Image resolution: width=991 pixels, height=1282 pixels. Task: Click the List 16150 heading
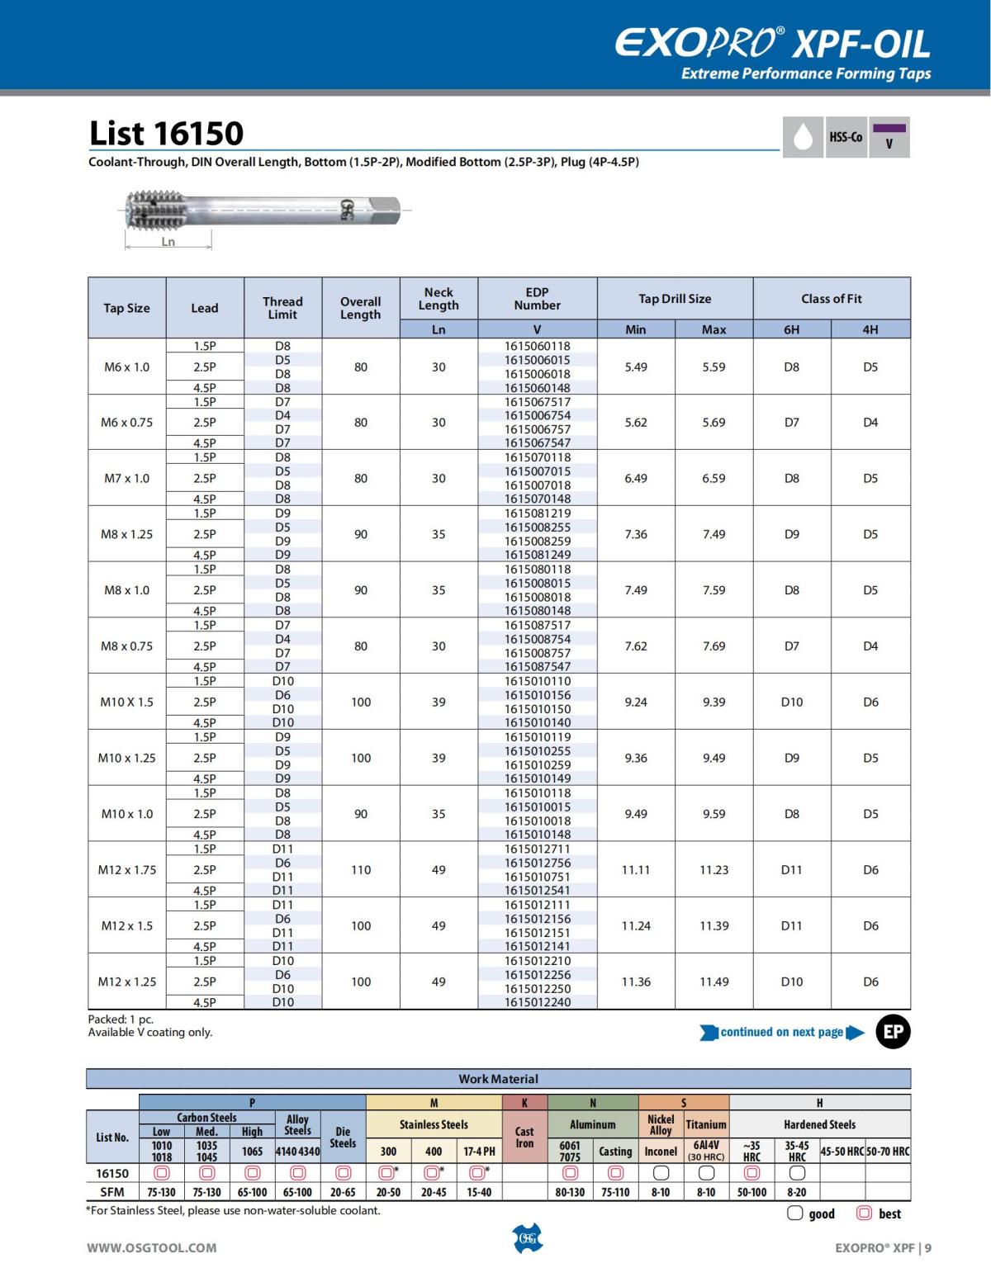pos(166,134)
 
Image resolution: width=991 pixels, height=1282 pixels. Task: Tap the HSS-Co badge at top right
pos(845,137)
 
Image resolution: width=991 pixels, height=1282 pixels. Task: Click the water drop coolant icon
pos(802,138)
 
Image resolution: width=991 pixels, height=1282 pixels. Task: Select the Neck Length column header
pos(439,299)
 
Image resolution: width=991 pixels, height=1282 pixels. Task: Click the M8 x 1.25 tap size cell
pos(126,534)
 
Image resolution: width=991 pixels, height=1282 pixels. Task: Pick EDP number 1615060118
pos(537,346)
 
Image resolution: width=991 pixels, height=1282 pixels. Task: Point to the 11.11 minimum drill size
pos(635,869)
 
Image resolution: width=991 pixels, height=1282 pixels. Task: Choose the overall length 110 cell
pos(361,869)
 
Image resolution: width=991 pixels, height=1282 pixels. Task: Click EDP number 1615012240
pos(537,1002)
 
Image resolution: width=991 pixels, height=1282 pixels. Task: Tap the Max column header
pos(714,329)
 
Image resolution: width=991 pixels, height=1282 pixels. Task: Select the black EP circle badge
pos(893,1032)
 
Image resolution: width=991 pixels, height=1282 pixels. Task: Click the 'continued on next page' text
pos(781,1032)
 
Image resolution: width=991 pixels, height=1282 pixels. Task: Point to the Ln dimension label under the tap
pos(168,242)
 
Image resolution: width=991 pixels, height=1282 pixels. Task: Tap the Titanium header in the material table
pos(706,1124)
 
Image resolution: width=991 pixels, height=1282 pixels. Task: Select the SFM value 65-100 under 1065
pos(252,1192)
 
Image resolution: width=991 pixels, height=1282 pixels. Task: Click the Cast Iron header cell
pos(524,1138)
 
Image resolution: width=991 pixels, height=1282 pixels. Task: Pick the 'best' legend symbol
pos(865,1213)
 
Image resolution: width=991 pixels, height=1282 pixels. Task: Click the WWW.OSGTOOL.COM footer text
pos(152,1247)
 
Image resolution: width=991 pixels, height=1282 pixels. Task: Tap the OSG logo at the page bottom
pos(528,1238)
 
